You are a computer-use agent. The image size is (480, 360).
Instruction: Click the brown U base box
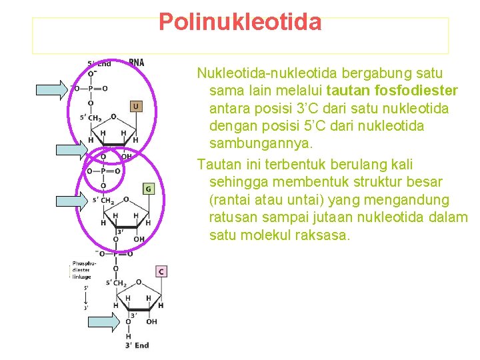(135, 106)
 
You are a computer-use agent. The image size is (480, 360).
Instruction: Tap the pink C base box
(161, 271)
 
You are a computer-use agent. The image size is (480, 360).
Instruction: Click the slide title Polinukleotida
(240, 23)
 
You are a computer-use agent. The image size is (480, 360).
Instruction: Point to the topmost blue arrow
(51, 89)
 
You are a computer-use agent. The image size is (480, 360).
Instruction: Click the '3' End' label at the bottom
(137, 345)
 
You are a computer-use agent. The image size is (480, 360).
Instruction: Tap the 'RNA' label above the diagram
(136, 63)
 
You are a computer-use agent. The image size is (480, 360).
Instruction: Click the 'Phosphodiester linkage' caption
(85, 270)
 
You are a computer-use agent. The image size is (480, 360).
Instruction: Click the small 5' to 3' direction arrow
(86, 299)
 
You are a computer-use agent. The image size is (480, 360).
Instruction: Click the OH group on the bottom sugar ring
(151, 321)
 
